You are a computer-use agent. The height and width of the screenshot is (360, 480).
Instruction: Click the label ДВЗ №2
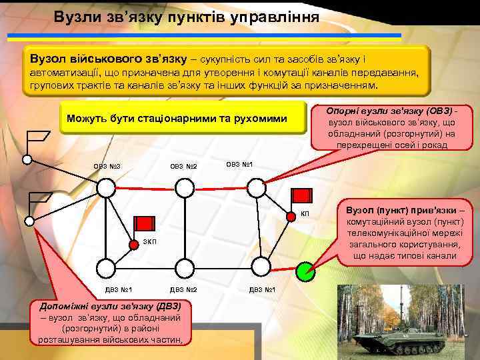tap(183, 289)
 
